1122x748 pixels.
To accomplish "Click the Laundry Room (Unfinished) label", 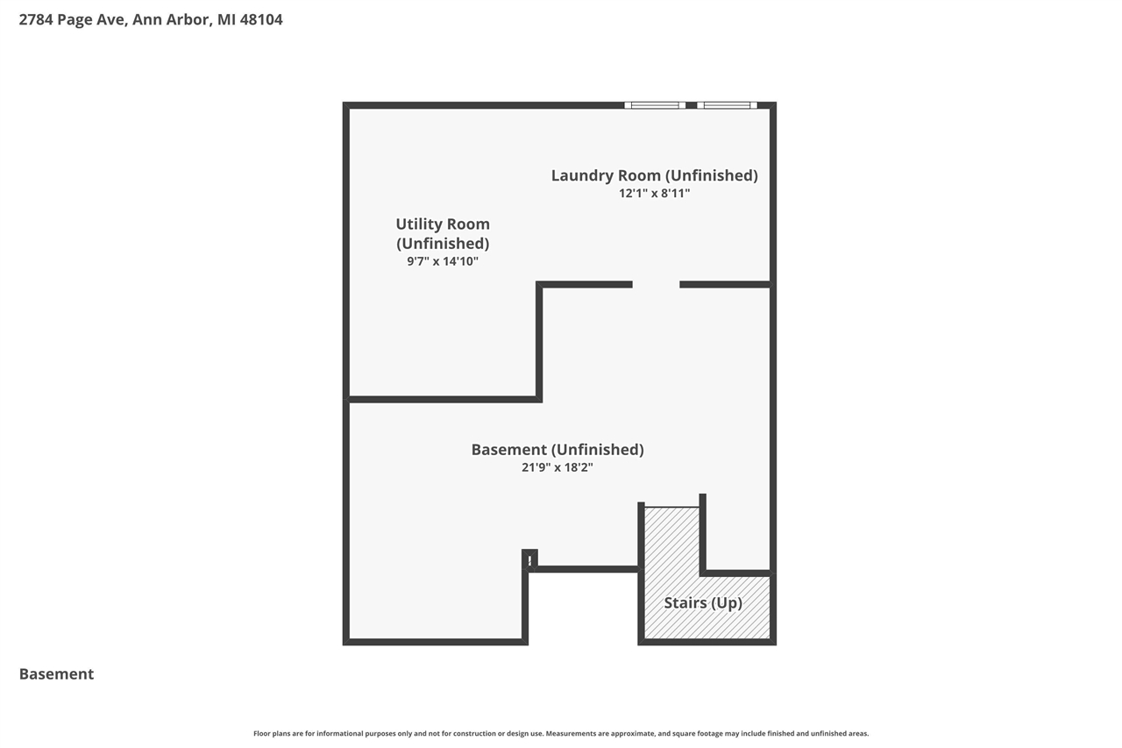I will pos(654,175).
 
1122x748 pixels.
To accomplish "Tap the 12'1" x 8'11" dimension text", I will pos(654,193).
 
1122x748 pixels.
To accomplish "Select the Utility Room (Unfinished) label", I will pos(443,233).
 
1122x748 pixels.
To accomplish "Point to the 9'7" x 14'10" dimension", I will pos(443,261).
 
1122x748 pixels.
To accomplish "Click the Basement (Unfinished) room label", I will pos(557,450).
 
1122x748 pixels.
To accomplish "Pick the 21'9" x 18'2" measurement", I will pos(557,467).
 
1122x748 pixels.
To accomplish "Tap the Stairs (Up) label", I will pos(703,603).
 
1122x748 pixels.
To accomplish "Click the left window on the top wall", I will pos(655,105).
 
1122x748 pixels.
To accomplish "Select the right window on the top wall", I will pos(728,105).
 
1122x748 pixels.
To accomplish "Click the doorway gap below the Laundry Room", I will pos(656,284).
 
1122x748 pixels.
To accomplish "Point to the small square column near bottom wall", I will pos(529,559).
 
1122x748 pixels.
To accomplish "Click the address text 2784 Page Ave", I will pos(74,19).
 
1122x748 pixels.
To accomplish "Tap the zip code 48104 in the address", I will pos(261,19).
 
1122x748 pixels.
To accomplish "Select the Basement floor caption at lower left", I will pos(56,674).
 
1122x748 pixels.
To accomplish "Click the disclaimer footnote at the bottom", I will pos(561,733).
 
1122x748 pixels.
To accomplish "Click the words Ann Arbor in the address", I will pos(171,19).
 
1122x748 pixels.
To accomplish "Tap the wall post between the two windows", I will pos(691,105).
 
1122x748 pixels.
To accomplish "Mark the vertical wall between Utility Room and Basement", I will pos(539,342).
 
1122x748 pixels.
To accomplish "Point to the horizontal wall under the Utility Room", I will pos(443,399).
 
